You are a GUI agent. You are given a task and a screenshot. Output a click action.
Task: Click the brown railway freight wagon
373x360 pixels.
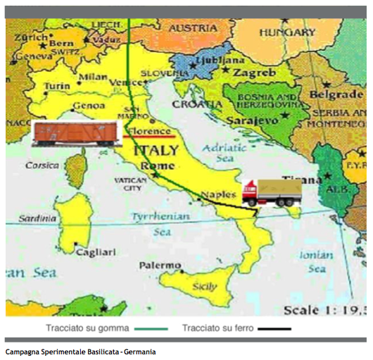click(74, 134)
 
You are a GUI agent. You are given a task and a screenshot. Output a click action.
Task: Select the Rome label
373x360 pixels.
click(158, 166)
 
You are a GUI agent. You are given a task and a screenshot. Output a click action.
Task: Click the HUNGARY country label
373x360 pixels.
click(286, 32)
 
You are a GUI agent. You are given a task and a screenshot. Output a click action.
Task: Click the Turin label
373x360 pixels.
click(57, 85)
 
